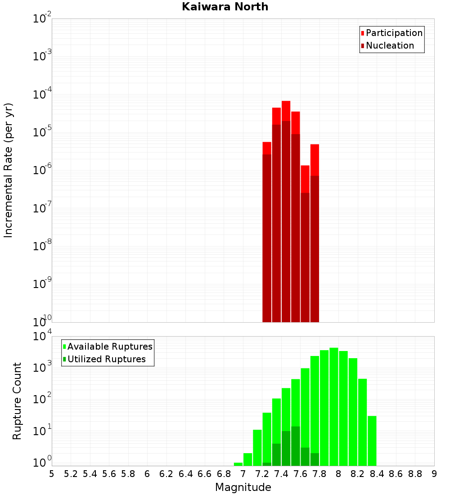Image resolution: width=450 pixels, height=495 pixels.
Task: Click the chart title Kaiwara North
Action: pos(225,7)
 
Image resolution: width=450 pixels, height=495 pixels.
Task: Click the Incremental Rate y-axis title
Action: pos(9,171)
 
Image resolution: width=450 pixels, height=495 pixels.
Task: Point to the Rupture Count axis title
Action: pos(17,401)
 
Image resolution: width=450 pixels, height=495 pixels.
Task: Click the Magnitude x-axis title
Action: pos(243,487)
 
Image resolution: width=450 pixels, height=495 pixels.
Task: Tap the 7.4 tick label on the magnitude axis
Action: pos(281,474)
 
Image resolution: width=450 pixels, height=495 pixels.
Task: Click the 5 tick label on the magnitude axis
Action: pos(52,474)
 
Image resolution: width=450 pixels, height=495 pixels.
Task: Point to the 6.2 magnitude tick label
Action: pos(166,474)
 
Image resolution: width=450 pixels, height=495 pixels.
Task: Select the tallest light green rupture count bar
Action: pos(333,405)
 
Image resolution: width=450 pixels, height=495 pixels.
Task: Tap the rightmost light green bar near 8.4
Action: pos(372,441)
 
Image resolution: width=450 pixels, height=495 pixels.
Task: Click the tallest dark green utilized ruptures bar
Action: pos(295,445)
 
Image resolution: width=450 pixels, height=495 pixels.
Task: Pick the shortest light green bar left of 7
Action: pos(238,464)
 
